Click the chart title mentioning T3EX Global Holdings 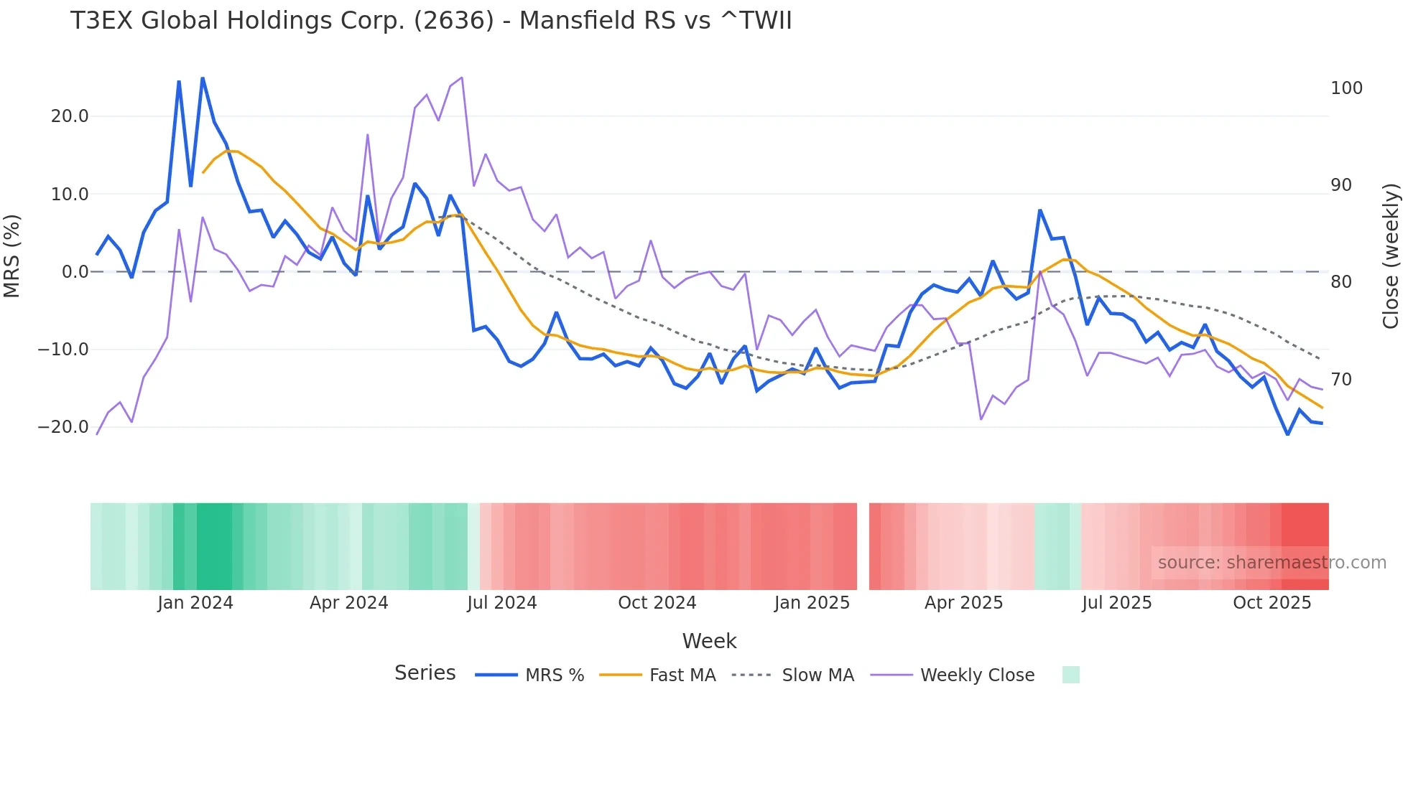[x=431, y=20]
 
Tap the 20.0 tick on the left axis [x=70, y=116]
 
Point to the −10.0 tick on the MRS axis [x=63, y=350]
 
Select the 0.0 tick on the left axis [x=75, y=272]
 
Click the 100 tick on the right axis [x=1346, y=88]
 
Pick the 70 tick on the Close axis [x=1341, y=380]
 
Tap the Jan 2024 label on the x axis [x=195, y=603]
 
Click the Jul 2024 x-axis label [x=502, y=603]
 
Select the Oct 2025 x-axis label [x=1272, y=603]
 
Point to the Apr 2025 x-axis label [x=963, y=603]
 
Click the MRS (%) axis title [x=12, y=256]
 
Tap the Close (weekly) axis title [x=1391, y=256]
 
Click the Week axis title [x=709, y=641]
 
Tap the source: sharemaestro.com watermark [x=1272, y=563]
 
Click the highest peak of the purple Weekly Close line [x=461, y=78]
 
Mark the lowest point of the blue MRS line [x=1288, y=434]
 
